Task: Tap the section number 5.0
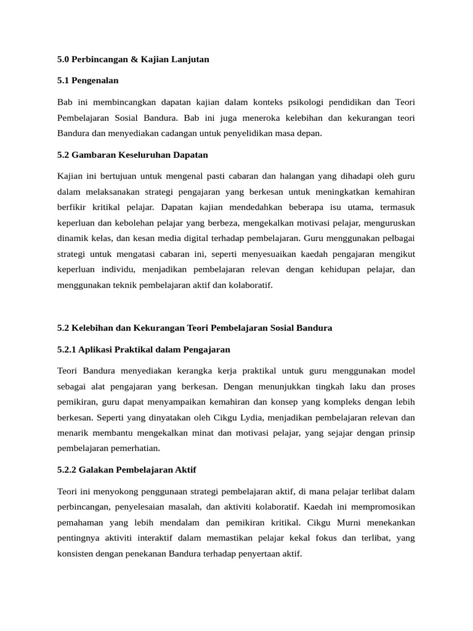pyautogui.click(x=63, y=60)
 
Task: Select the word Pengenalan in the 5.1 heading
pyautogui.click(x=95, y=80)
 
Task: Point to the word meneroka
pyautogui.click(x=265, y=117)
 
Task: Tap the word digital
pyautogui.click(x=188, y=237)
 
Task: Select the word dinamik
pyautogui.click(x=73, y=237)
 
